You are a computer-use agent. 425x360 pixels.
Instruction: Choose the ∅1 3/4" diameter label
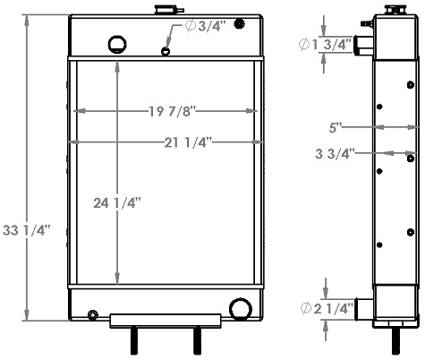pyautogui.click(x=327, y=44)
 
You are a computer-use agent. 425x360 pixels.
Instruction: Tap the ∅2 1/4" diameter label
pyautogui.click(x=327, y=309)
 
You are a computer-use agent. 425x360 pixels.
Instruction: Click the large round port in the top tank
pyautogui.click(x=117, y=43)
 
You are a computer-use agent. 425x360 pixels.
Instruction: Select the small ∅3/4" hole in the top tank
pyautogui.click(x=165, y=51)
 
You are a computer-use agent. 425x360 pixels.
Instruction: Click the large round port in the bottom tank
pyautogui.click(x=239, y=309)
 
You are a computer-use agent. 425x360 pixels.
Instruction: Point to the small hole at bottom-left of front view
pyautogui.click(x=93, y=313)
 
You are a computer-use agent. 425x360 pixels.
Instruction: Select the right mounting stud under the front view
pyautogui.click(x=197, y=341)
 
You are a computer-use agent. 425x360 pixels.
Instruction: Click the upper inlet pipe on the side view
pyautogui.click(x=362, y=44)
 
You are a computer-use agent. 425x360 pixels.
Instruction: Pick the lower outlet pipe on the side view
pyautogui.click(x=363, y=309)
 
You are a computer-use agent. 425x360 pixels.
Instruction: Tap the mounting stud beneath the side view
pyautogui.click(x=395, y=342)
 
